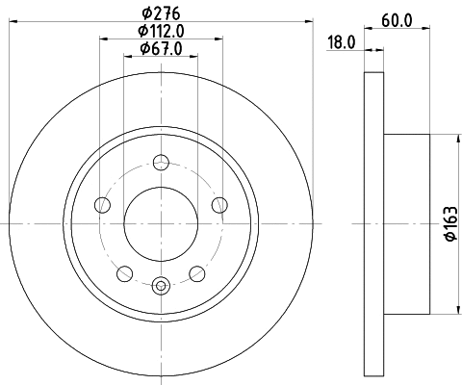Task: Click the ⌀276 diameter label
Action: (x=161, y=13)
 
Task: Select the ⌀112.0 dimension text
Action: (x=161, y=31)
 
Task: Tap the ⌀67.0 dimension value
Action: (x=161, y=49)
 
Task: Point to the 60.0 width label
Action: (x=397, y=21)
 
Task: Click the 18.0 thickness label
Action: (x=342, y=42)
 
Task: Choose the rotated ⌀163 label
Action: (x=450, y=223)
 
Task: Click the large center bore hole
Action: (x=161, y=224)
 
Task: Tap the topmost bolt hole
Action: (x=161, y=162)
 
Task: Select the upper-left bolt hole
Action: (x=103, y=205)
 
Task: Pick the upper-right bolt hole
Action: (x=219, y=205)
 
